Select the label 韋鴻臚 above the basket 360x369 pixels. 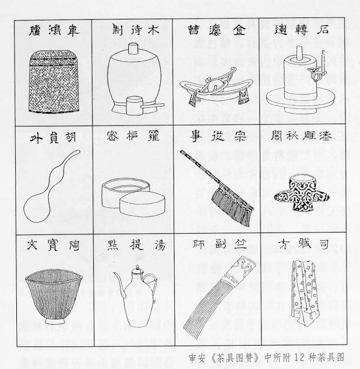[54, 29]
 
